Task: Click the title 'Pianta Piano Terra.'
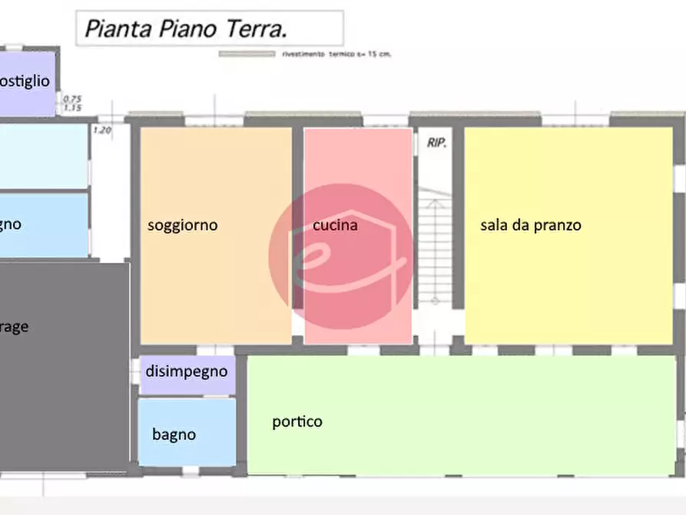point(186,29)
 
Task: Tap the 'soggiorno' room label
point(183,225)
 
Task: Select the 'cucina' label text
point(335,225)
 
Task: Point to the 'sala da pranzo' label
point(531,225)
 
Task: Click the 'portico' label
point(297,422)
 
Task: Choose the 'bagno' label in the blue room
point(174,434)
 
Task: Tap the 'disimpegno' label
point(187,371)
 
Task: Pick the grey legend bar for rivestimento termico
point(247,55)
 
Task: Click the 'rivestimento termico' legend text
point(337,55)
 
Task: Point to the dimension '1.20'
point(101,130)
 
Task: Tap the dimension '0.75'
point(72,98)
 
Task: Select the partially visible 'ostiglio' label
point(25,81)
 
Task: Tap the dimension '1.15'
point(72,108)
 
